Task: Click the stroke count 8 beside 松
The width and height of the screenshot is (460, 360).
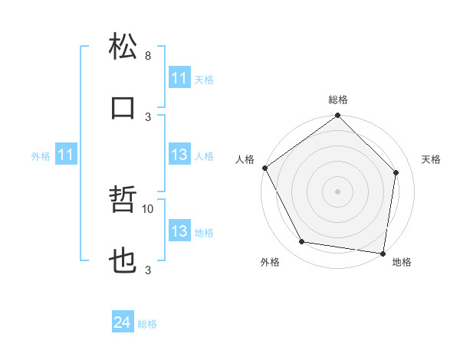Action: [x=148, y=56]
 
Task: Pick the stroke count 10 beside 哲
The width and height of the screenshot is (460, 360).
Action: [x=148, y=208]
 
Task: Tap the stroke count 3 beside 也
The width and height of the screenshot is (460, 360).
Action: [x=148, y=270]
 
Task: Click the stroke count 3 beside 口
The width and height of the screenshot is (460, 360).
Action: [x=148, y=116]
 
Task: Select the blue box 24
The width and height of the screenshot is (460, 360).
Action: [x=122, y=322]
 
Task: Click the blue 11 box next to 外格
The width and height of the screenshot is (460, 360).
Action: [x=65, y=155]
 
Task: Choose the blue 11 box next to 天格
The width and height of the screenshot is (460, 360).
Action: [x=179, y=78]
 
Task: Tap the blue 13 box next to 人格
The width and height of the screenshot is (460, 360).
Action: [x=179, y=155]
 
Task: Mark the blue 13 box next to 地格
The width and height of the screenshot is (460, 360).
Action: [x=179, y=232]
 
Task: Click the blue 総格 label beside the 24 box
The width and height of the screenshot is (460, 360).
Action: [x=148, y=324]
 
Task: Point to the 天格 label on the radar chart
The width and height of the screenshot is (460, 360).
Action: [x=431, y=159]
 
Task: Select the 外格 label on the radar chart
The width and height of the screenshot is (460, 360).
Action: [x=270, y=263]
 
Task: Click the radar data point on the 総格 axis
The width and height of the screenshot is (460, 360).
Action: [x=337, y=116]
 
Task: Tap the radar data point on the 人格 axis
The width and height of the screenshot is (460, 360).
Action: [x=264, y=168]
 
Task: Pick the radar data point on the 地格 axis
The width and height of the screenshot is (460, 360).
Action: [x=383, y=253]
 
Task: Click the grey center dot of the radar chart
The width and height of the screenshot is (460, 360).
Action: [x=337, y=191]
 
